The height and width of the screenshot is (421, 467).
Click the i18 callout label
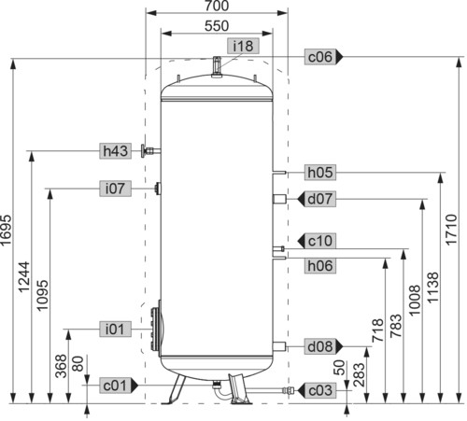243,46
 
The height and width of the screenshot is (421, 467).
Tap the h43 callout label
115,151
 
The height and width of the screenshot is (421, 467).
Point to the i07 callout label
115,189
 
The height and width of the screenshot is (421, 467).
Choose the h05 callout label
320,172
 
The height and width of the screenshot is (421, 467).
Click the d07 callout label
317,199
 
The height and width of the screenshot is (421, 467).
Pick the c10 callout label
317,241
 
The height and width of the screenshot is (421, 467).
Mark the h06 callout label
320,266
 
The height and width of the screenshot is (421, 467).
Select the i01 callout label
115,329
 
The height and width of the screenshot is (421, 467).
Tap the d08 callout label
323,346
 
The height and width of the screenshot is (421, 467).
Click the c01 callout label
119,386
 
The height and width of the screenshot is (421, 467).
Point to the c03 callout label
317,390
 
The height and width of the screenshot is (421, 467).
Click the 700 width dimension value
217,6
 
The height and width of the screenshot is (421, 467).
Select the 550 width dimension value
217,26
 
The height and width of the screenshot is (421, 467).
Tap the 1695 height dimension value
7,230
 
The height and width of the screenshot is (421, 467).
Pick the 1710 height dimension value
451,230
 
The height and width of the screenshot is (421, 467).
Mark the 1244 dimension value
24,277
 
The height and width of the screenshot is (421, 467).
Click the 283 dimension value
360,374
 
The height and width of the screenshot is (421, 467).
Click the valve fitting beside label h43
150,151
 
